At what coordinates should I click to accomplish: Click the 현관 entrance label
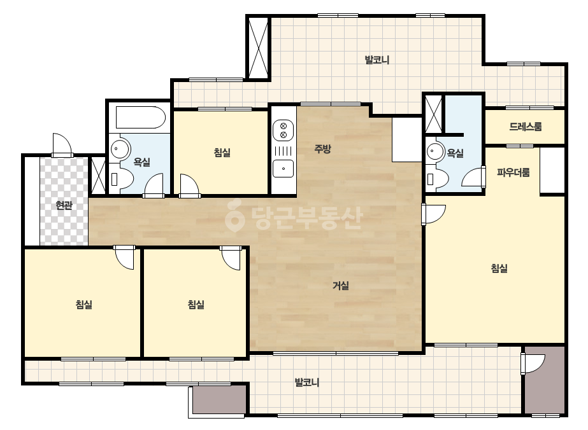pos(64,205)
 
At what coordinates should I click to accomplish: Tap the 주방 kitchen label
pos(322,149)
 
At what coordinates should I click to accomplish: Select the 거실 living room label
pos(340,286)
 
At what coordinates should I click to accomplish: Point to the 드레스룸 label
pos(526,127)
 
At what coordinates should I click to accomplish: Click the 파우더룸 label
pos(513,172)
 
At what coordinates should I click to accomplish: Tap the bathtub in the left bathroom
pos(141,118)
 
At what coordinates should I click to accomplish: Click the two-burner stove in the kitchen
pos(283,130)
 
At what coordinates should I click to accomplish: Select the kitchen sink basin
pos(283,168)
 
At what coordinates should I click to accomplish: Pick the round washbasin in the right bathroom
pos(434,151)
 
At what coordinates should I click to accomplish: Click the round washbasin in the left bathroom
pos(119,148)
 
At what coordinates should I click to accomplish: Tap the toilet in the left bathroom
pos(121,179)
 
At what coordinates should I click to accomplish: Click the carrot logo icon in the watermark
pos(234,218)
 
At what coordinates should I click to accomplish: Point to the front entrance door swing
pos(62,144)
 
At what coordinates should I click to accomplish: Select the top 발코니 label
pos(377,60)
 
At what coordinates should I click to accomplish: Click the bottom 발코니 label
pos(307,382)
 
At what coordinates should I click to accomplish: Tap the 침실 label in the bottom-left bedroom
pos(83,305)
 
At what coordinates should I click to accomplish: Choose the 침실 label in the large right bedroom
pos(499,268)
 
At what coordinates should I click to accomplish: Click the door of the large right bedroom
pos(433,214)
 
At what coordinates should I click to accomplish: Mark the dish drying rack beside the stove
pos(283,151)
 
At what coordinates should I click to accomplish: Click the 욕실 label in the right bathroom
pos(455,153)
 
